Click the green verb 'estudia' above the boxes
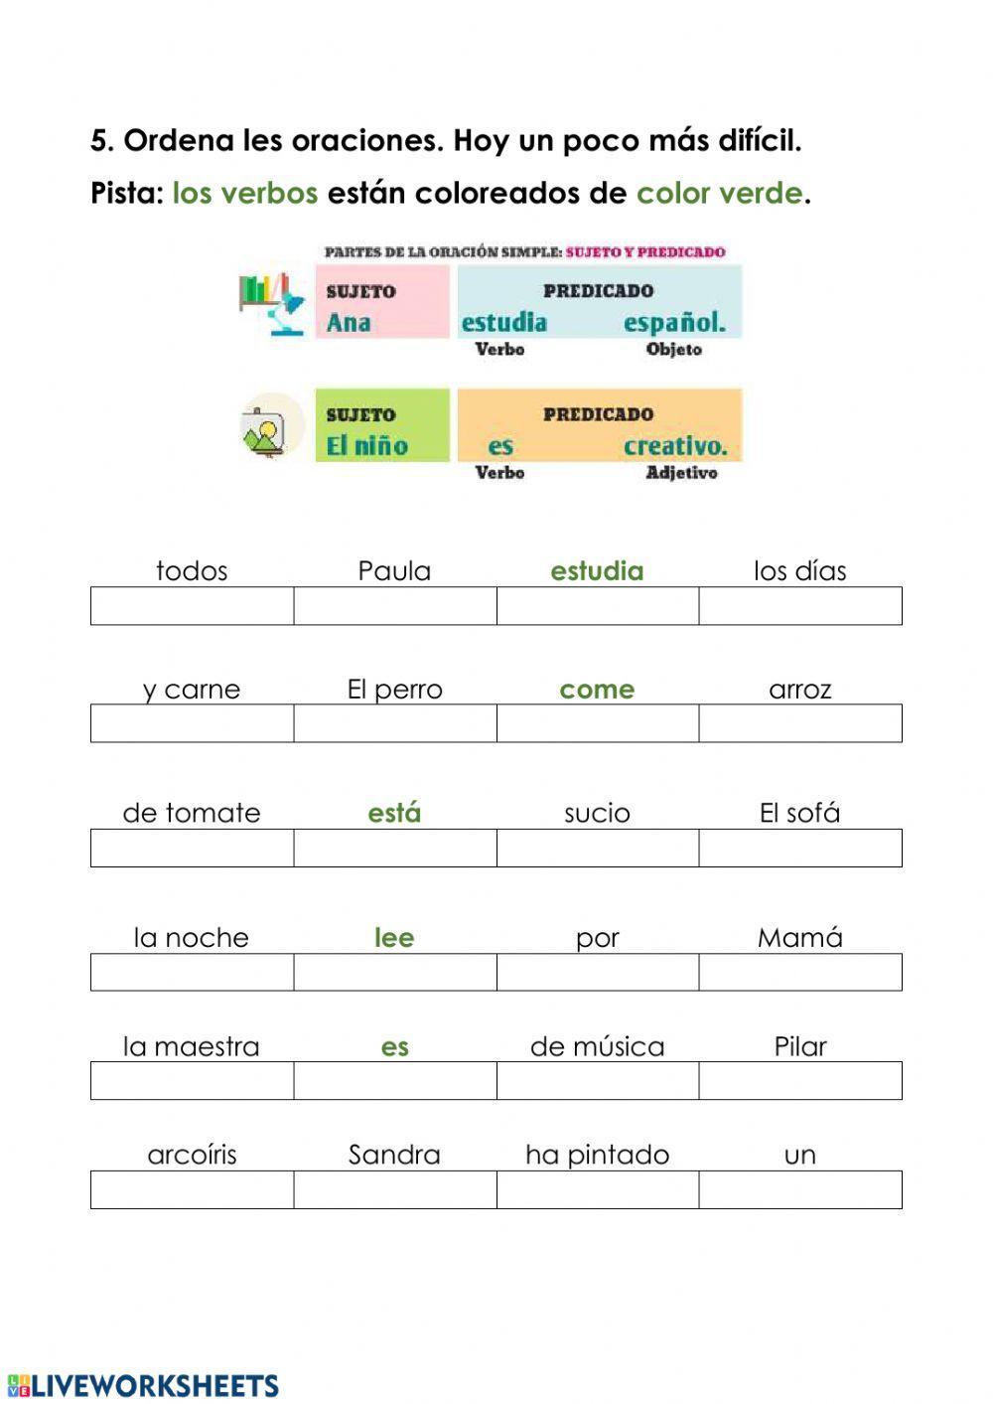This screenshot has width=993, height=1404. (597, 570)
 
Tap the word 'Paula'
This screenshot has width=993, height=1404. (394, 570)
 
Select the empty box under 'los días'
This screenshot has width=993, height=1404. (800, 605)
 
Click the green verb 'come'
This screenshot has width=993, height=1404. (597, 690)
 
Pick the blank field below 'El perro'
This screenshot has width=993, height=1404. (395, 723)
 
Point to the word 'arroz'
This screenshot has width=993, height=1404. (799, 690)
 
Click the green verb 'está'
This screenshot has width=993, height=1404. (394, 813)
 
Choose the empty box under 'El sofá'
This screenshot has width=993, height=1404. (800, 848)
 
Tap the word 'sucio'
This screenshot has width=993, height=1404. (597, 814)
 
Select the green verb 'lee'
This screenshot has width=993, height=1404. (394, 937)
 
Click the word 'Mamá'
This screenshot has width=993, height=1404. (799, 937)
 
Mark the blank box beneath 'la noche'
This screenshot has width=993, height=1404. (193, 972)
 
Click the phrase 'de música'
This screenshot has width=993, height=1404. (597, 1046)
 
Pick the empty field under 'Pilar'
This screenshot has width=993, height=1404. (800, 1080)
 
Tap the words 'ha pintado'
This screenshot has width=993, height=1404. (597, 1155)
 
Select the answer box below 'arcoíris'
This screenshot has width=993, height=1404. (193, 1189)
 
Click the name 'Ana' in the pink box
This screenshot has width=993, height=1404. (349, 322)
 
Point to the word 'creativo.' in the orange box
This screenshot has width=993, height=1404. (675, 446)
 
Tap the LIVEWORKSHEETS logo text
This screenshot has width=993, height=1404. (154, 1386)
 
